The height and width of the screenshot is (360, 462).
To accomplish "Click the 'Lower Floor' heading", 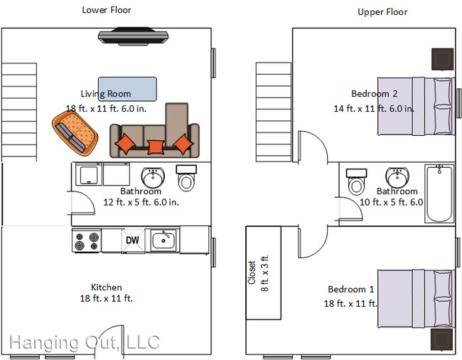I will [x=107, y=10].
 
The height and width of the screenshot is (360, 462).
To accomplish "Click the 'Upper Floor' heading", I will [x=382, y=12].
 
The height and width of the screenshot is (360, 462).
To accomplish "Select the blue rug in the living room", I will [x=127, y=89].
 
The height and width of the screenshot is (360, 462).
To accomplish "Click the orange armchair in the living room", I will [x=75, y=132].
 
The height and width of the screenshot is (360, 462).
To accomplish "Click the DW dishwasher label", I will [x=132, y=240].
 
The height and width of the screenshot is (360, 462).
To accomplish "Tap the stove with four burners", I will [x=86, y=241].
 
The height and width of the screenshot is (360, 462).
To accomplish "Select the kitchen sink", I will [x=163, y=240].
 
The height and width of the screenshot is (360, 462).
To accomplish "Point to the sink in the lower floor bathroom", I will [x=153, y=176].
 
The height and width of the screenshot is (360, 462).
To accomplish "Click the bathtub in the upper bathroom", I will [x=439, y=194].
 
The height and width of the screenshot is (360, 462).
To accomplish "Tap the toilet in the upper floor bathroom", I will [x=355, y=181].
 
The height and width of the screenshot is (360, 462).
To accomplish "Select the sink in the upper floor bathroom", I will [x=396, y=176].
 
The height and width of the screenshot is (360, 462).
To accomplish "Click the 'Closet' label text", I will [x=252, y=272].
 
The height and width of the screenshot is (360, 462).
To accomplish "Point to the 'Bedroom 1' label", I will [x=350, y=290].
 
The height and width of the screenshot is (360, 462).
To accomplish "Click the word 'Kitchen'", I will [x=106, y=287].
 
